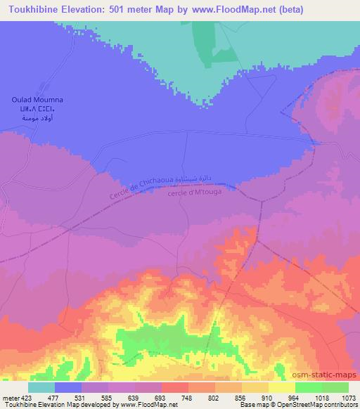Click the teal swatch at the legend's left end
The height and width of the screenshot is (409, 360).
(x=41, y=387)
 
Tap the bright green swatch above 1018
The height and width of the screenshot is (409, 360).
(x=308, y=387)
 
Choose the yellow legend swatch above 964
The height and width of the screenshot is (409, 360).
(x=282, y=387)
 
